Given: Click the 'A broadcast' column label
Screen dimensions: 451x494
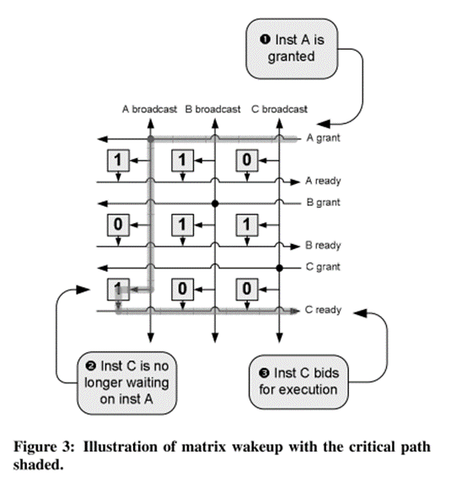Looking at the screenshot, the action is (149, 109).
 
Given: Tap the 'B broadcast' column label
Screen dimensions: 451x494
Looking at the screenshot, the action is (212, 109).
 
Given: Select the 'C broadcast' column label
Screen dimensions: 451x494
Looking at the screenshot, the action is (279, 109).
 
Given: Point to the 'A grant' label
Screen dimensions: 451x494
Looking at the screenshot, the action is (324, 138).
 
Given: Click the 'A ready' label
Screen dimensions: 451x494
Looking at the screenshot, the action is (323, 181).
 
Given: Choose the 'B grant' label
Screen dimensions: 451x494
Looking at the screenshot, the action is (324, 203).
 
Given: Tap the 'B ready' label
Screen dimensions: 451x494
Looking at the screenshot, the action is (323, 245).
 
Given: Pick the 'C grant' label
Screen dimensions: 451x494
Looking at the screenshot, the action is (323, 267).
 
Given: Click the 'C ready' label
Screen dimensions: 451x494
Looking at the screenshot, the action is (323, 310).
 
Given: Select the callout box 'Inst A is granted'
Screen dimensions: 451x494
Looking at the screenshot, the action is (292, 48).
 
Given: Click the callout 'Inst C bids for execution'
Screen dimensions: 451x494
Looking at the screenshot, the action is (298, 382).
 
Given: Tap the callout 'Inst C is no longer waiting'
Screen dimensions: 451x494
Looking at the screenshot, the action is (126, 383).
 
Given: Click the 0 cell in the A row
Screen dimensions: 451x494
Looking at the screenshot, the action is (247, 160).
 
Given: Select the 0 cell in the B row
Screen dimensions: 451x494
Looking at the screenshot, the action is (118, 225).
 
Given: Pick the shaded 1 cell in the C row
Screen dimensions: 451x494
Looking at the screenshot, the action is (118, 289).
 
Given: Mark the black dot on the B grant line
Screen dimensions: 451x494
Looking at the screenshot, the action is (215, 204).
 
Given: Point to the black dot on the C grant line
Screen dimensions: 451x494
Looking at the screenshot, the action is (279, 268).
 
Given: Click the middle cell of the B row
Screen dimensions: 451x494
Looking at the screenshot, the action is (182, 225).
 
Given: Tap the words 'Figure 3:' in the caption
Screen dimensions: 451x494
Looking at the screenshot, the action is (44, 447).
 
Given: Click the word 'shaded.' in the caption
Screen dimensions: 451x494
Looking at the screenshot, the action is (38, 464).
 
